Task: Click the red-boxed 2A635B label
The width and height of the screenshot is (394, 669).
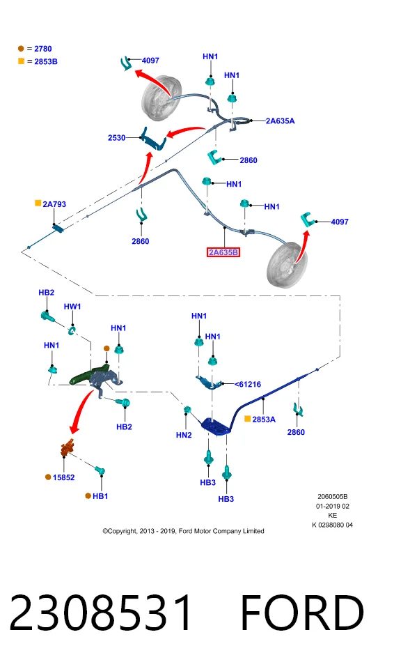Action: coord(223,252)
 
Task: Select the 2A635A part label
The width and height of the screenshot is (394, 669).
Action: coord(280,121)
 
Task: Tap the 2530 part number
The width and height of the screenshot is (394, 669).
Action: coord(116,138)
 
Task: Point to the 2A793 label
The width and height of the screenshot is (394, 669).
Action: coord(54,204)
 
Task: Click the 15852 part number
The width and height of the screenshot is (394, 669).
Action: coord(63,477)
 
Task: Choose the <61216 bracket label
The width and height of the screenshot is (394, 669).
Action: coord(248,385)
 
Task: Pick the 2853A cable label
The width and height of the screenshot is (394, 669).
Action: coord(264,420)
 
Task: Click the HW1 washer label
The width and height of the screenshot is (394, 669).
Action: coord(72,307)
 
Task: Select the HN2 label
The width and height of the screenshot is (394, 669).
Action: coord(184,435)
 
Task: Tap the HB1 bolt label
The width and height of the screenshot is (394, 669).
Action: coord(100,496)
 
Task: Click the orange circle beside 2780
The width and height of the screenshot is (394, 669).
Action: coord(21,49)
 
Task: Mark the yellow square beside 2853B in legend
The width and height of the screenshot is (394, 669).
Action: coord(21,61)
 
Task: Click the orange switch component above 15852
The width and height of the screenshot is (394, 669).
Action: coord(68,447)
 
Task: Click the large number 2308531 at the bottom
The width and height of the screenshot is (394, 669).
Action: coord(101,613)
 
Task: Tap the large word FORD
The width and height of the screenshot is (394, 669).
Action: coord(302,613)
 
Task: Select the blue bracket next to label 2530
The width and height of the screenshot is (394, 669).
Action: coord(153,139)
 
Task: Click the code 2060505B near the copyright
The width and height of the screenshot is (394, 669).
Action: coord(332,497)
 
